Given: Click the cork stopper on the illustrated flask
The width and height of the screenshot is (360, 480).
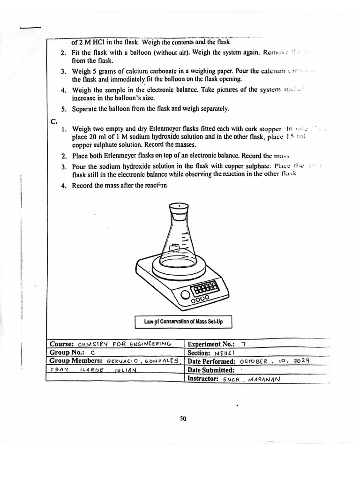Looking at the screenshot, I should [x=178, y=210].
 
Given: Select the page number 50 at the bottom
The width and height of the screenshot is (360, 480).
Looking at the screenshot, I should [x=183, y=419].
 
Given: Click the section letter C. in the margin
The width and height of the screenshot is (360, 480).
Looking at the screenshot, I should [x=54, y=121].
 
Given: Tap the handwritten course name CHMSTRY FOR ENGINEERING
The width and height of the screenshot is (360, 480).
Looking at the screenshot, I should [x=125, y=344].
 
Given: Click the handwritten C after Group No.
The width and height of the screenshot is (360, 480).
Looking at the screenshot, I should [x=93, y=352].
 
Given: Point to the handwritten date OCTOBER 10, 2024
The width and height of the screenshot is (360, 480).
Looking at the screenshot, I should [x=275, y=361].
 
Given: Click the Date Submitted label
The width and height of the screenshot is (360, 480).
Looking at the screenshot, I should [x=210, y=370].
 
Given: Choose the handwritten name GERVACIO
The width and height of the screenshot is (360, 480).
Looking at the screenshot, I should [x=123, y=361].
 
